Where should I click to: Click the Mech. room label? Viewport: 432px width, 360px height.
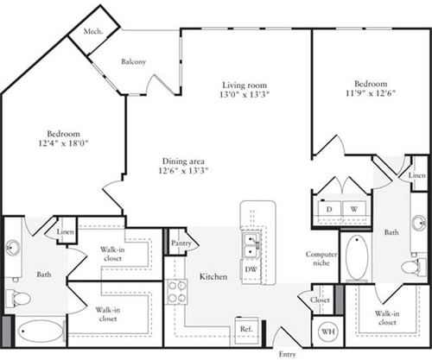click(x=93, y=31)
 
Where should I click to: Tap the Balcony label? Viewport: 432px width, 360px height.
click(x=133, y=61)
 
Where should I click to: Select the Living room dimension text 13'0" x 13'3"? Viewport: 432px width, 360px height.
click(x=245, y=94)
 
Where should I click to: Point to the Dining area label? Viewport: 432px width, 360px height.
click(x=183, y=161)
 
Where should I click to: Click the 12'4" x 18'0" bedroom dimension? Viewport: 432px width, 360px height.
click(x=63, y=143)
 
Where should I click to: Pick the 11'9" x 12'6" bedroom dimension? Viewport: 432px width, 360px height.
click(x=371, y=93)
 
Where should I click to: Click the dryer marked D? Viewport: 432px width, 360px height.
click(x=329, y=209)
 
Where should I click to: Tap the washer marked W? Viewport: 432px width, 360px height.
click(x=354, y=209)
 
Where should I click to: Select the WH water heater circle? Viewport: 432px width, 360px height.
click(x=328, y=332)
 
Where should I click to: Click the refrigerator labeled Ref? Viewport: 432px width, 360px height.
click(x=246, y=330)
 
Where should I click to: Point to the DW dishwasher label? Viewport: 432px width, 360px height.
click(x=251, y=269)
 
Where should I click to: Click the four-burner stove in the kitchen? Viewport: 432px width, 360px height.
click(x=176, y=292)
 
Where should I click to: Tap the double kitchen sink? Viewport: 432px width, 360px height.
click(x=251, y=245)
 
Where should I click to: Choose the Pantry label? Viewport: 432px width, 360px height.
click(x=181, y=243)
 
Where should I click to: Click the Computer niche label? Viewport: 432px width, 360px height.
click(x=321, y=258)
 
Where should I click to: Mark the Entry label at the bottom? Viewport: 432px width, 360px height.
click(x=287, y=354)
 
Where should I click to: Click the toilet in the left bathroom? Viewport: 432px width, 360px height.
click(x=18, y=299)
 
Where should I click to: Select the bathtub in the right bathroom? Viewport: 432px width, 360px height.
click(x=357, y=257)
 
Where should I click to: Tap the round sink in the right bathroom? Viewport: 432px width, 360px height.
click(x=419, y=223)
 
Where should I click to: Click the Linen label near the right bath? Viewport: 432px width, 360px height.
click(x=416, y=175)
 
